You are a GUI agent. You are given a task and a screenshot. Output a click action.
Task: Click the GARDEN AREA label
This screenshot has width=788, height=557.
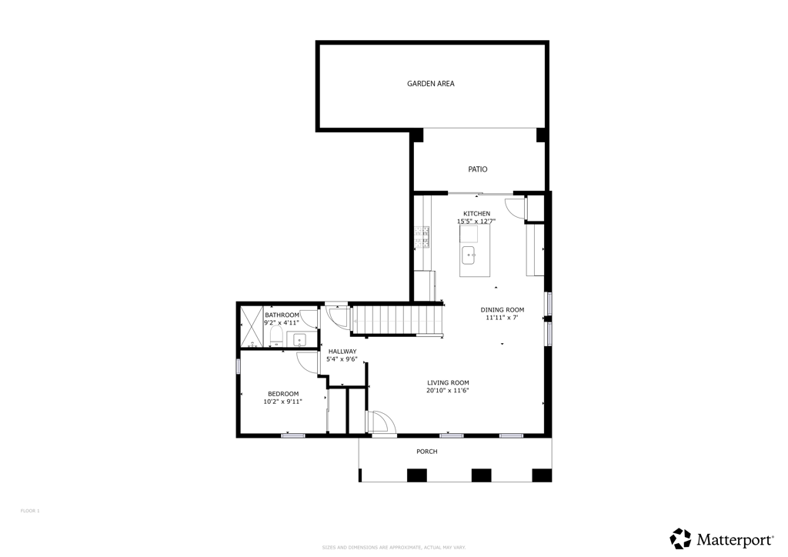click(430, 83)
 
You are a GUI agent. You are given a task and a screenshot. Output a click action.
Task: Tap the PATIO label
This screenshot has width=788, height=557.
click(477, 169)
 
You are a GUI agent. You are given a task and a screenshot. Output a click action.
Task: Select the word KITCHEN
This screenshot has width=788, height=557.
click(476, 213)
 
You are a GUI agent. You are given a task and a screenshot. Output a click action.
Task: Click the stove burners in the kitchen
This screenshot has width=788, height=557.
click(421, 237)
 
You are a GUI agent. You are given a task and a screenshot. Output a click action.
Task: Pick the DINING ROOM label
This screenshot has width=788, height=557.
click(503, 309)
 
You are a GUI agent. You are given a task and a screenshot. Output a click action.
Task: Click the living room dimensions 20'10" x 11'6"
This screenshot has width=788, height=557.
click(448, 391)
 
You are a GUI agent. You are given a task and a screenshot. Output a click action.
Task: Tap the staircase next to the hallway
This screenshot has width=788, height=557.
click(397, 319)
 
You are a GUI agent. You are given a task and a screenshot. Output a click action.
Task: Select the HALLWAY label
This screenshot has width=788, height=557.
click(342, 352)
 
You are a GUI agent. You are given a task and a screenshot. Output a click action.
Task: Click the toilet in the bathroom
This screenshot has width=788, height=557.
click(275, 339)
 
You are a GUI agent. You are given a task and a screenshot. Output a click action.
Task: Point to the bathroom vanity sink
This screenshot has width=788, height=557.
click(299, 339)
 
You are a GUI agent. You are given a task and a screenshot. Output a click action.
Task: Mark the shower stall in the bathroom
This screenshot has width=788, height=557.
click(250, 327)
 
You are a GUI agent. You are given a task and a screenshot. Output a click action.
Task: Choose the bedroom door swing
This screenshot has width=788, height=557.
click(308, 363)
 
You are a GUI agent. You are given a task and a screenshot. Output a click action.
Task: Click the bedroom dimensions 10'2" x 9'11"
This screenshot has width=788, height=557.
click(282, 401)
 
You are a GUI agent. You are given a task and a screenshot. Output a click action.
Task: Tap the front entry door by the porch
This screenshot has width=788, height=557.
click(380, 423)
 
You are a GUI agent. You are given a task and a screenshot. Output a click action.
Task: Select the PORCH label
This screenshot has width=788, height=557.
click(426, 452)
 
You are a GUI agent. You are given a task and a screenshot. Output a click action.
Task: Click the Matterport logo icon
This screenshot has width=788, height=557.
click(680, 539)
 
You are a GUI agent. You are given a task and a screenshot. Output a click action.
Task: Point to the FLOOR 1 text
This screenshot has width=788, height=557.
click(29, 511)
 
